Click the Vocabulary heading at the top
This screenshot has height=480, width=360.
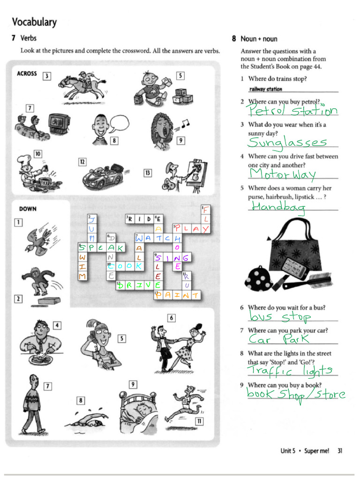34,22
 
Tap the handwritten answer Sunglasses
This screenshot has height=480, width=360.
287,142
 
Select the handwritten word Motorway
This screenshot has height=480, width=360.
283,174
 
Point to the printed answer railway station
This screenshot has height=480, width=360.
266,89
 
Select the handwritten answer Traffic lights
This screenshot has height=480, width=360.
291,371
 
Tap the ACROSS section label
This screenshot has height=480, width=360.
27,74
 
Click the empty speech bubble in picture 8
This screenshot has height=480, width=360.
119,123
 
